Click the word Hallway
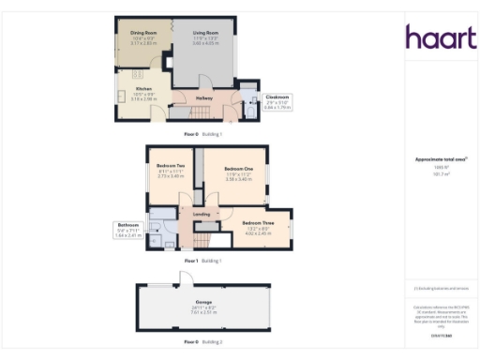(x=204, y=97)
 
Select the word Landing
(x=201, y=215)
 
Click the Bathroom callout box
(x=127, y=230)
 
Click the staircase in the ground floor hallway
(x=184, y=112)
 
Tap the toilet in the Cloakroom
(x=250, y=111)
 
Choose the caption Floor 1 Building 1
(x=202, y=260)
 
